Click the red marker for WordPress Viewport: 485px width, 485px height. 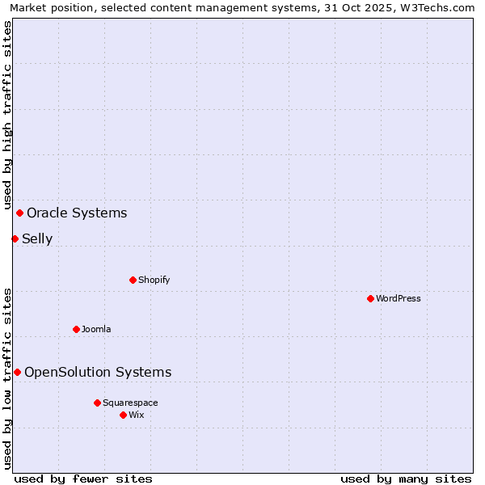tap(370, 298)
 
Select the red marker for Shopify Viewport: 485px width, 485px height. tap(133, 280)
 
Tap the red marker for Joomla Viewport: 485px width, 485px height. tap(76, 329)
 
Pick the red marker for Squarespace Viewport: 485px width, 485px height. tap(97, 403)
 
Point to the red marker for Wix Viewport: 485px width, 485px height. tap(123, 415)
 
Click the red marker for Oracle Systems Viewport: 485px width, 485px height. tap(19, 213)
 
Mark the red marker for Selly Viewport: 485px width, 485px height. tap(15, 238)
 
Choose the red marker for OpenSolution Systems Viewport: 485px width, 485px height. tap(17, 372)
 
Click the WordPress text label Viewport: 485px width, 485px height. tap(399, 298)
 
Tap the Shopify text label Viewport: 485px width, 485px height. tap(154, 280)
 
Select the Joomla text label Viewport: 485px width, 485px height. tap(96, 329)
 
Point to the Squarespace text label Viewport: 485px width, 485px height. tap(130, 403)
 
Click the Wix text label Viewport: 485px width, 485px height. tap(136, 415)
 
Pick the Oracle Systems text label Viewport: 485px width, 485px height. tap(77, 213)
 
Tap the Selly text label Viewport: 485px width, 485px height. tap(37, 238)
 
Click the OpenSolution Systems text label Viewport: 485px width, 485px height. tap(98, 372)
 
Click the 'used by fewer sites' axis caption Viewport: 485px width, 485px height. tap(83, 479)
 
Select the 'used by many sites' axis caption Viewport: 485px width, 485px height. tap(406, 479)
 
